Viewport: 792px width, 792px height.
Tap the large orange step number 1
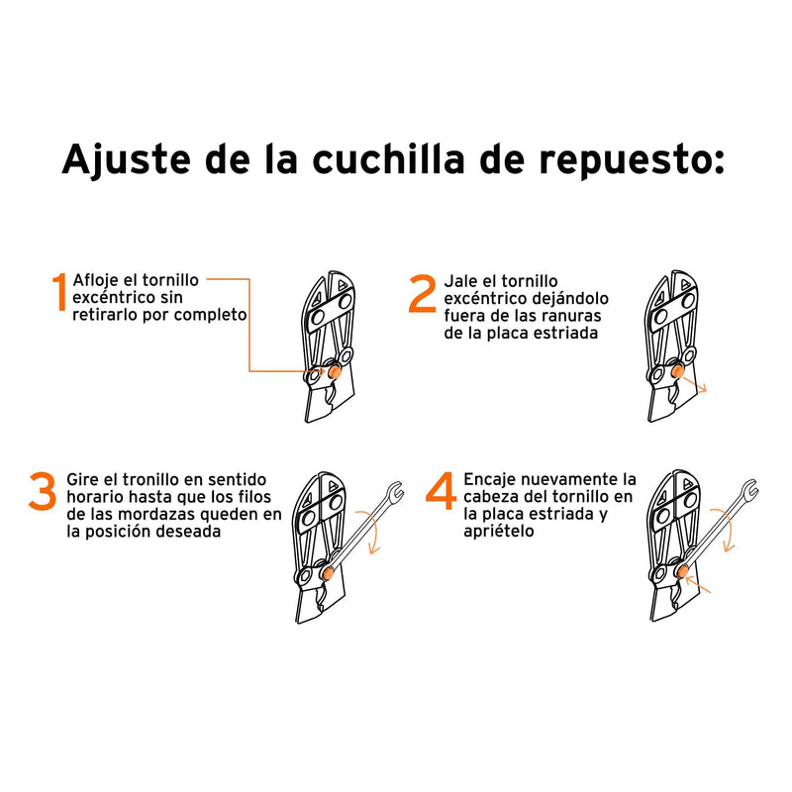click(x=60, y=295)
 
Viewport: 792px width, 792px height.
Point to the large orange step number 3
click(x=43, y=493)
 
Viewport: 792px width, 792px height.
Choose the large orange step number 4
click(x=440, y=493)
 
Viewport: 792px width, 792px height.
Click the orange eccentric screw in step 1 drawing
click(x=334, y=372)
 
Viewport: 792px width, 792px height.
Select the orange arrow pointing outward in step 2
click(x=698, y=385)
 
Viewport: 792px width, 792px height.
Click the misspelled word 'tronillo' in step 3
click(x=144, y=479)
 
